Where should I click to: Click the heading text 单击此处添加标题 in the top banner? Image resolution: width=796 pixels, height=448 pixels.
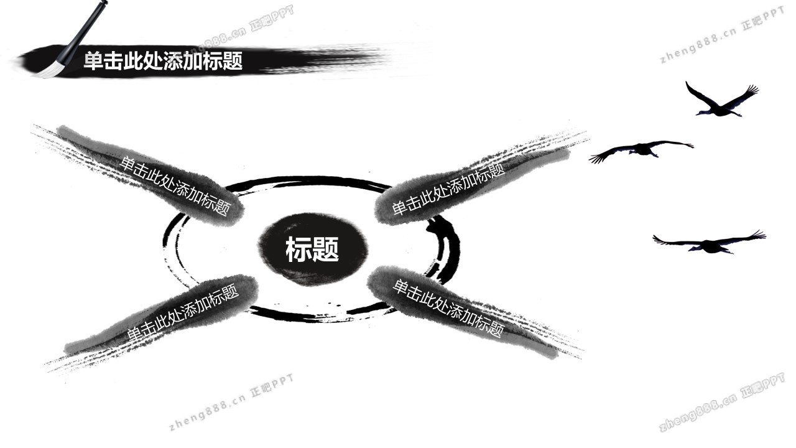pyautogui.click(x=163, y=61)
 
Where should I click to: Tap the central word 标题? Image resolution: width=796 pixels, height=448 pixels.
pyautogui.click(x=312, y=250)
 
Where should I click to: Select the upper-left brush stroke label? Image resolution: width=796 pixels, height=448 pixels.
pyautogui.click(x=174, y=185)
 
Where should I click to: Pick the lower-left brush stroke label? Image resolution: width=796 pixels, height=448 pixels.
pyautogui.click(x=183, y=312)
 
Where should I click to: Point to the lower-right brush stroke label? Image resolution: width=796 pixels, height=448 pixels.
pyautogui.click(x=448, y=307)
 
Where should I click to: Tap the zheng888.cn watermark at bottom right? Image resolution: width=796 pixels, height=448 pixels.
pyautogui.click(x=721, y=403)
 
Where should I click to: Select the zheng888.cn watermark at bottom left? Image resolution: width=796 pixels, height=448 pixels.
pyautogui.click(x=230, y=401)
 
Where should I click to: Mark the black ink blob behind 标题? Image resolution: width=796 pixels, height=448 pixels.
pyautogui.click(x=312, y=271)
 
